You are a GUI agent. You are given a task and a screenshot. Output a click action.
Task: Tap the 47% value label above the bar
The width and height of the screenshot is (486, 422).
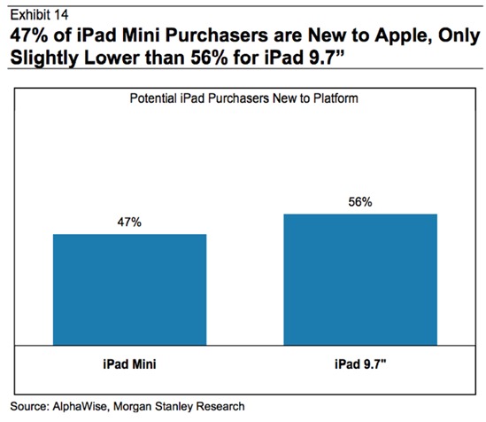[x=129, y=223]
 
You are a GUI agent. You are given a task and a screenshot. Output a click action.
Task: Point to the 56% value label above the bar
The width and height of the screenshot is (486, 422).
[x=360, y=202]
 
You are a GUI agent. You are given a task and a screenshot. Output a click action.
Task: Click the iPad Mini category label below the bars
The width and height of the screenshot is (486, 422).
[x=129, y=364]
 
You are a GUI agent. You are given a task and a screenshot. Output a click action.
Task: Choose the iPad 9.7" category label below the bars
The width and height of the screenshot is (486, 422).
[x=360, y=364]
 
